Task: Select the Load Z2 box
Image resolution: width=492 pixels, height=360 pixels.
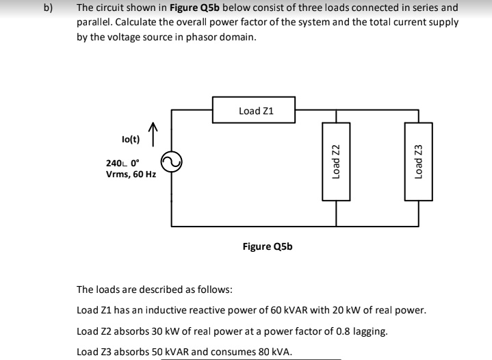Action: tap(336, 162)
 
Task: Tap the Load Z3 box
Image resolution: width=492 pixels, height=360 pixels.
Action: tap(418, 162)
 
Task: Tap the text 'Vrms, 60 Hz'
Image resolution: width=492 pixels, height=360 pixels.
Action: tap(131, 175)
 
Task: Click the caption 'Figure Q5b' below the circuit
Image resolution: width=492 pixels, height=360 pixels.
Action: tap(268, 246)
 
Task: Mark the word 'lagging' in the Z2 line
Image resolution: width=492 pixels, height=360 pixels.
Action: tap(370, 332)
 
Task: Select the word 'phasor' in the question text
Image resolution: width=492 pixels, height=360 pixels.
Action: tap(192, 37)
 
